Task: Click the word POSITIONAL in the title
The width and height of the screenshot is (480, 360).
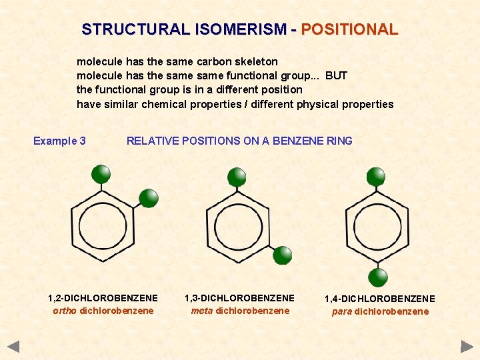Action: pos(349,30)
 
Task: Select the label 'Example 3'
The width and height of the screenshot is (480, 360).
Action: pos(59,141)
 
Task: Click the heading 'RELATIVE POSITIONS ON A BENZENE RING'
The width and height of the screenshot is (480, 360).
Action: pos(239,141)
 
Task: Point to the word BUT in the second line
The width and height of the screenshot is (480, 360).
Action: pos(336,75)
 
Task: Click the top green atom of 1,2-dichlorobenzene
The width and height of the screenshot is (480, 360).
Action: pos(101,174)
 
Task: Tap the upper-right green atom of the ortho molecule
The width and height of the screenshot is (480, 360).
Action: pos(148,197)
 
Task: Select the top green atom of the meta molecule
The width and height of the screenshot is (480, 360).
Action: pos(237,177)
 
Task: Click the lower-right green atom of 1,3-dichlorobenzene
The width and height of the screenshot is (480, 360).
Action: pos(283,255)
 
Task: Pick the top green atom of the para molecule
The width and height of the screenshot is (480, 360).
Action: pos(376,177)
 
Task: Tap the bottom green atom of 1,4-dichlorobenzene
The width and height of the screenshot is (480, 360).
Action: pos(378,277)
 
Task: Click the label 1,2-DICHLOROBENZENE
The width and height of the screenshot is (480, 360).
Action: pos(103,298)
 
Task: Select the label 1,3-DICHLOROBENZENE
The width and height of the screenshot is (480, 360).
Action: pos(239,298)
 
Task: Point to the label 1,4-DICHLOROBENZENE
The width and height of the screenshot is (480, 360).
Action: pos(380,299)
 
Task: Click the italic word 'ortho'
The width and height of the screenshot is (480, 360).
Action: pos(65,311)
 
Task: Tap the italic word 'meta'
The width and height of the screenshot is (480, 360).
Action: pos(202,311)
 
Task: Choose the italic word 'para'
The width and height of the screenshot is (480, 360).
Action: pos(342,311)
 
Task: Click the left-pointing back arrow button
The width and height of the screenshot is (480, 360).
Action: pos(14,346)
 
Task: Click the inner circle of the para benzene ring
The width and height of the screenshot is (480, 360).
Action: pos(377,227)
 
